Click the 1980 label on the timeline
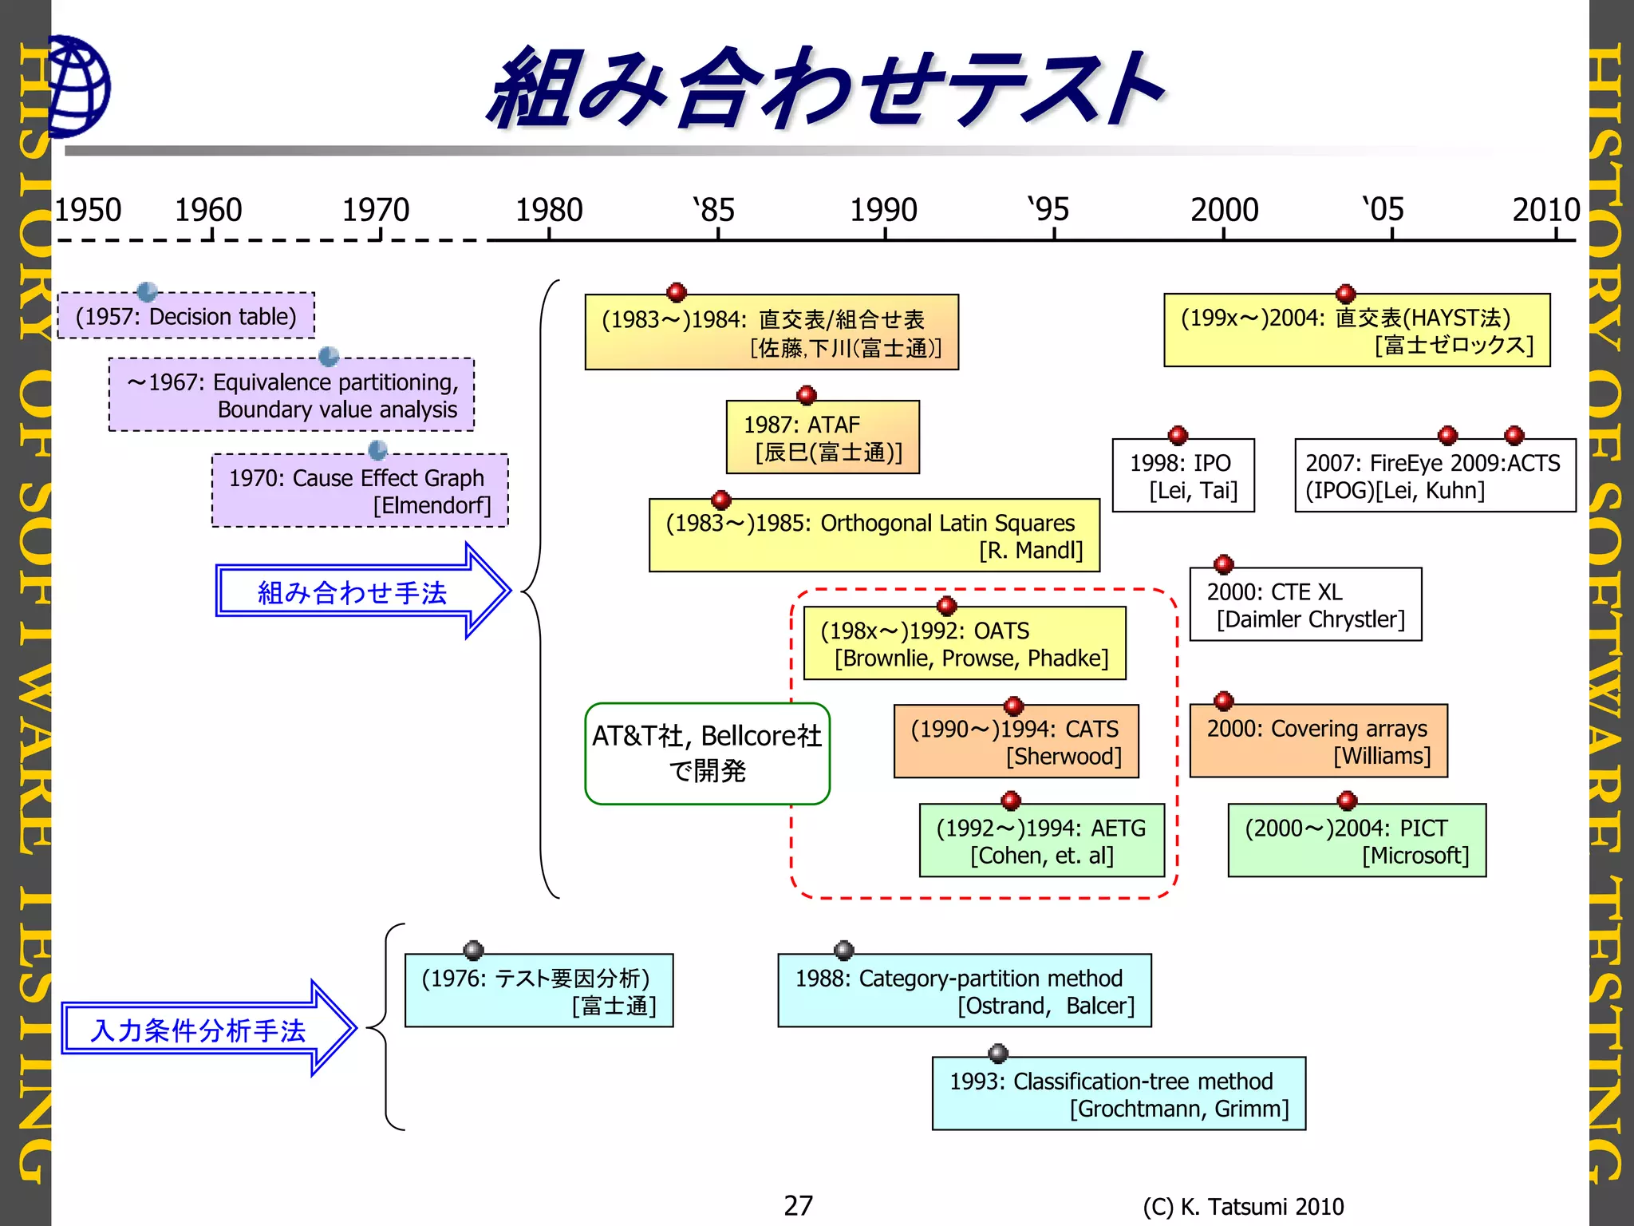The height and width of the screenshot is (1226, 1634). [549, 210]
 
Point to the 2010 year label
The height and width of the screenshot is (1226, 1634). [1545, 210]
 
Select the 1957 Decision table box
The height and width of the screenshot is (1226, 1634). [186, 316]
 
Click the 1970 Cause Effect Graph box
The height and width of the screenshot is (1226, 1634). [360, 491]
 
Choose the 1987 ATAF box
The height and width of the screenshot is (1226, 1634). [823, 437]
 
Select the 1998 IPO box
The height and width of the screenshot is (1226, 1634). [1183, 476]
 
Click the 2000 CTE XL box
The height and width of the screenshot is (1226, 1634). [1305, 605]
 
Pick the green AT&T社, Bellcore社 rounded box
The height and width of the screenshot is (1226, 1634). [707, 753]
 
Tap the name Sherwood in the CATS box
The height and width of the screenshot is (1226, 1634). [1064, 756]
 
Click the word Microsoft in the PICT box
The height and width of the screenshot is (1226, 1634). [1415, 856]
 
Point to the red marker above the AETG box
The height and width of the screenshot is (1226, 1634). [1011, 801]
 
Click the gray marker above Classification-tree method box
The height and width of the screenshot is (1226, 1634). [998, 1054]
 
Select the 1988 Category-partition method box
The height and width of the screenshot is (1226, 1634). [964, 991]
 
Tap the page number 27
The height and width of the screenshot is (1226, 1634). [798, 1205]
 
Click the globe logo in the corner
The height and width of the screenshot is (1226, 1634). [78, 86]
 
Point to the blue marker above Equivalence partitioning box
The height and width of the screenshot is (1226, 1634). [329, 356]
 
